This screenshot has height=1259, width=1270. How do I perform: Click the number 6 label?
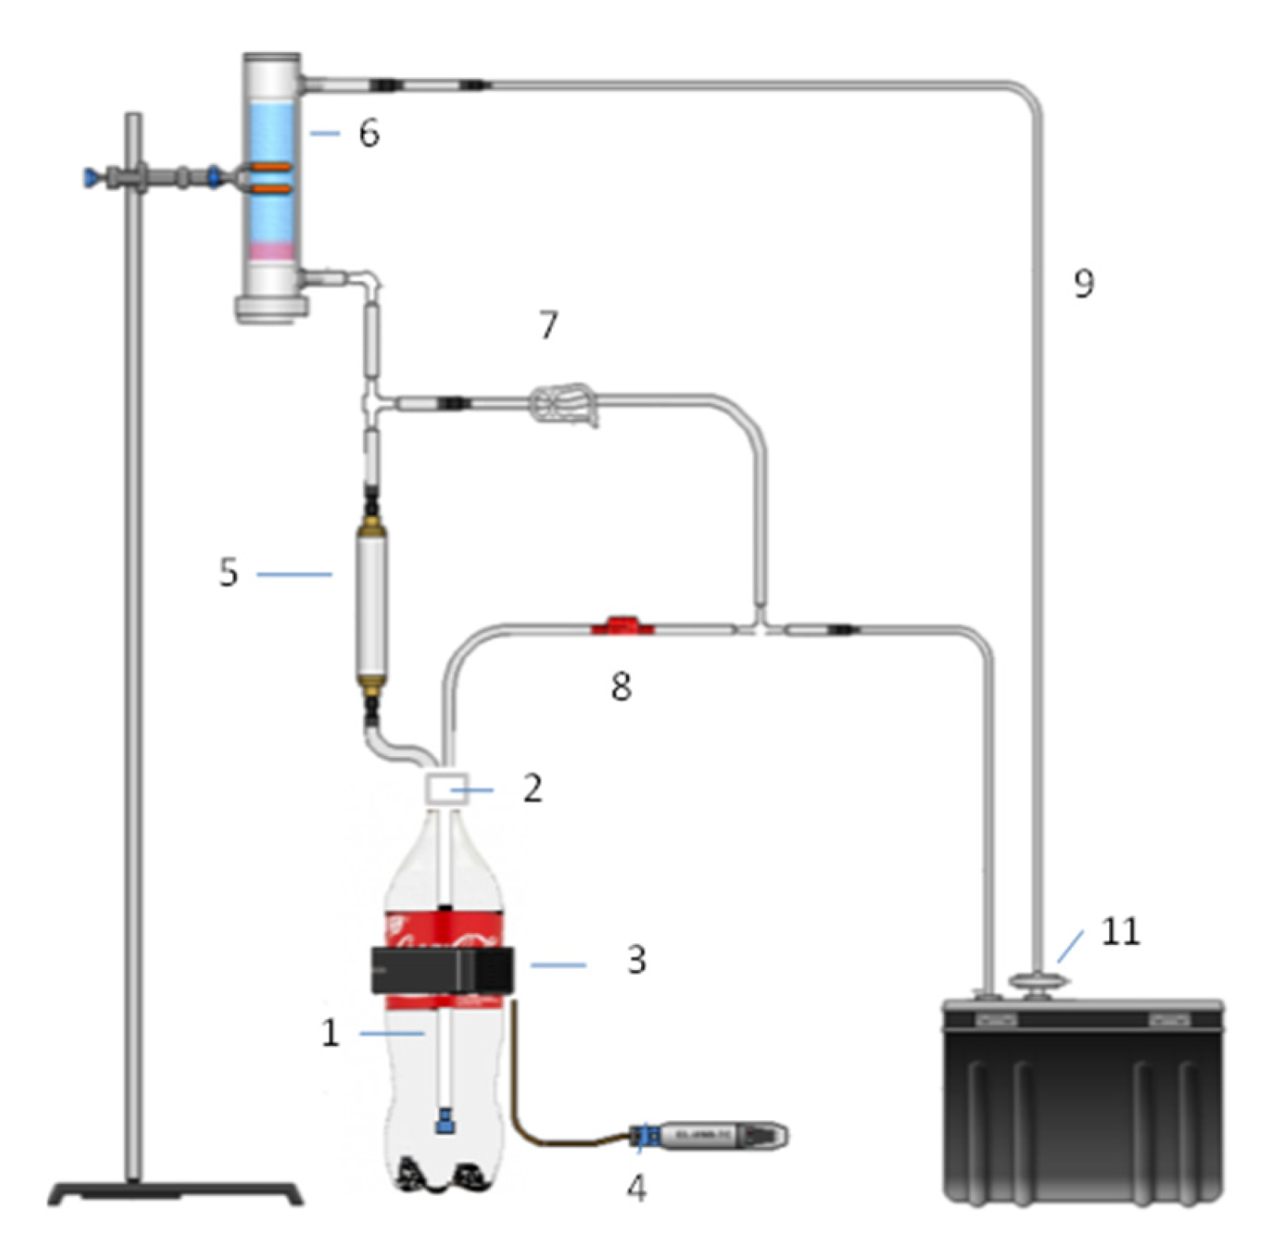tap(369, 133)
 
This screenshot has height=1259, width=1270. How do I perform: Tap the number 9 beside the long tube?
tap(1084, 283)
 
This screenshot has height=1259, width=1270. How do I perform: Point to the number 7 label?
tap(549, 324)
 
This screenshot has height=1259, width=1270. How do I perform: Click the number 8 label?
tap(621, 687)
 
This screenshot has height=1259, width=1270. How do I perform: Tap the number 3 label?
tap(636, 960)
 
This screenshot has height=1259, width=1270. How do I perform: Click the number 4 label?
tap(636, 1186)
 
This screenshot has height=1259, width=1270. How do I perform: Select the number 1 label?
tap(330, 1032)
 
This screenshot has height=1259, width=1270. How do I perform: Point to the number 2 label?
tap(533, 789)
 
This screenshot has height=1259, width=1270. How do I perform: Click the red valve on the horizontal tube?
tap(623, 627)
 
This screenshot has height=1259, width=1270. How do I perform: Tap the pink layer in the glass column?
tap(272, 252)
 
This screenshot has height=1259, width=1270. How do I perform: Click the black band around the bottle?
tap(442, 970)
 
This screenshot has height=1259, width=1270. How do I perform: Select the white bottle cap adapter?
tap(446, 789)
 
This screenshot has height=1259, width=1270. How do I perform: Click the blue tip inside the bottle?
tap(446, 1120)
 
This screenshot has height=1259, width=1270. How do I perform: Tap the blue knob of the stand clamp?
tap(91, 178)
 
